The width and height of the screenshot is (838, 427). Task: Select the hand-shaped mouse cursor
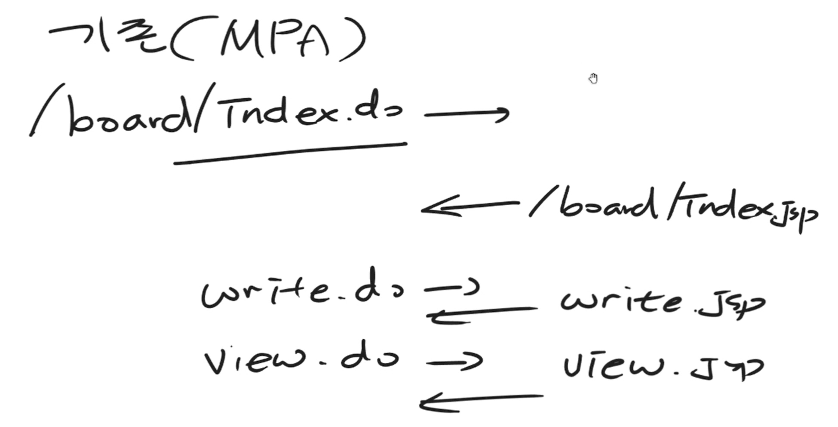(x=593, y=79)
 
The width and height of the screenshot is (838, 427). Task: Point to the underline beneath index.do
(x=290, y=153)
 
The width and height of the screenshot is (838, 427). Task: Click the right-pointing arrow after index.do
(x=467, y=114)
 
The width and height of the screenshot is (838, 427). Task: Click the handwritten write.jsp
(x=662, y=303)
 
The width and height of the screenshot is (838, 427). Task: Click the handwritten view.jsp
(x=662, y=368)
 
